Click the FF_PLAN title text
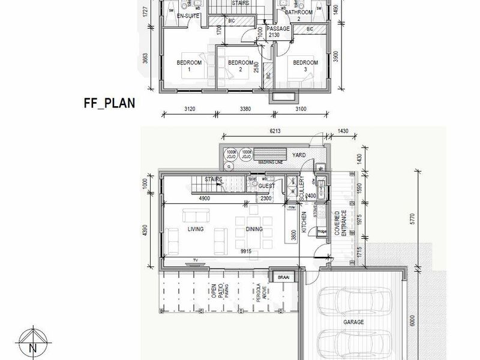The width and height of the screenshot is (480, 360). (109, 103)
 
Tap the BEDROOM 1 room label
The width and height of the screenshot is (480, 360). (189, 66)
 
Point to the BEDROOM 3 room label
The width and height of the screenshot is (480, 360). (305, 65)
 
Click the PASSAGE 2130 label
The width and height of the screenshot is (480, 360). (278, 32)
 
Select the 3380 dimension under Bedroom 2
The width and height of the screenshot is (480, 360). (247, 110)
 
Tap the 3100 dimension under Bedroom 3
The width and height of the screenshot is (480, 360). (301, 110)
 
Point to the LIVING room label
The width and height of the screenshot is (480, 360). (195, 229)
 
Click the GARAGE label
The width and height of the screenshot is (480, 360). (353, 322)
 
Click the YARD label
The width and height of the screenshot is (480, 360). (298, 155)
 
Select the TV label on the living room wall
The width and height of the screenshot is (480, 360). (194, 260)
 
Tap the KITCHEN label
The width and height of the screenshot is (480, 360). (304, 223)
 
